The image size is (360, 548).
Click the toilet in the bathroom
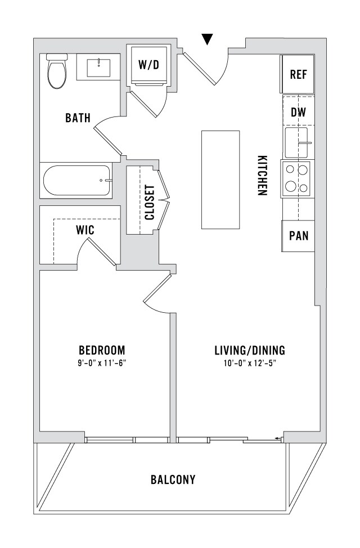point(57,71)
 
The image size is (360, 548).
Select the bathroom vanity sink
point(98,67)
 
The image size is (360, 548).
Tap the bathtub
point(76,181)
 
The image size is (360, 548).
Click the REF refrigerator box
point(298,74)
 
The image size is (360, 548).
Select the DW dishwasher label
point(298,112)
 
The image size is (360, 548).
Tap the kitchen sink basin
point(296,143)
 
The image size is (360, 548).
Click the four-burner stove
point(298,179)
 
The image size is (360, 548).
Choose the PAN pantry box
point(298,236)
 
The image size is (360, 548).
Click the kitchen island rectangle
point(220,179)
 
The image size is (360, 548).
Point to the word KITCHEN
point(263,175)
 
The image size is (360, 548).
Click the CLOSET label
point(150,203)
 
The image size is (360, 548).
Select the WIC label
point(85,230)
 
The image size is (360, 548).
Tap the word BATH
point(78,118)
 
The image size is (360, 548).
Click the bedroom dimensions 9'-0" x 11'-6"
point(102,363)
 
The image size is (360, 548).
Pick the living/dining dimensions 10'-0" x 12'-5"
point(250,363)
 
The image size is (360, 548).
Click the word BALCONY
point(173,479)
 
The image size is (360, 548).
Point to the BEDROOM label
point(102,350)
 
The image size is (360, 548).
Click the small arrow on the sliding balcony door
point(278,438)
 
